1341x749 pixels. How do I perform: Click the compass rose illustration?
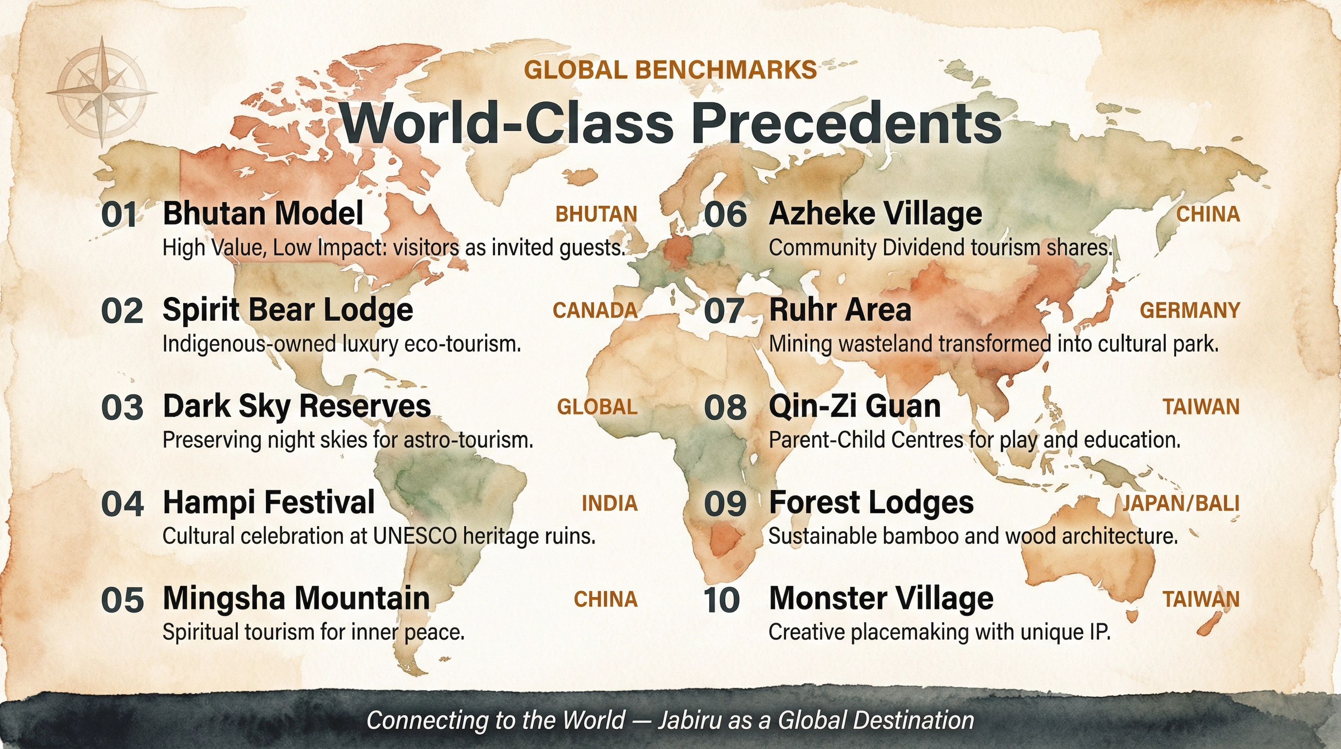pyautogui.click(x=102, y=92)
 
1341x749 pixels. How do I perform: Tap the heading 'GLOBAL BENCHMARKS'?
pyautogui.click(x=670, y=70)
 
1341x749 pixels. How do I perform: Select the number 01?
pyautogui.click(x=119, y=215)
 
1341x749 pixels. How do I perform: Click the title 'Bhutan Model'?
pyautogui.click(x=263, y=213)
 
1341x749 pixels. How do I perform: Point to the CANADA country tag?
pyautogui.click(x=595, y=311)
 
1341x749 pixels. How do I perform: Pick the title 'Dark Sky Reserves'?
pyautogui.click(x=297, y=406)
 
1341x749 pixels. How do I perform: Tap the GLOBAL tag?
pyautogui.click(x=597, y=407)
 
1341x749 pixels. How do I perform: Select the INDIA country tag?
pyautogui.click(x=609, y=503)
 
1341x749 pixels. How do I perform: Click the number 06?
pyautogui.click(x=725, y=215)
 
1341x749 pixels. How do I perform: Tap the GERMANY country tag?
pyautogui.click(x=1189, y=311)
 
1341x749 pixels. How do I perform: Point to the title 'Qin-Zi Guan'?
pyautogui.click(x=854, y=406)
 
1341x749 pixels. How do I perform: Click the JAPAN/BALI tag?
pyautogui.click(x=1180, y=503)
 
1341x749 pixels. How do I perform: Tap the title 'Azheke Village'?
pyautogui.click(x=875, y=213)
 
